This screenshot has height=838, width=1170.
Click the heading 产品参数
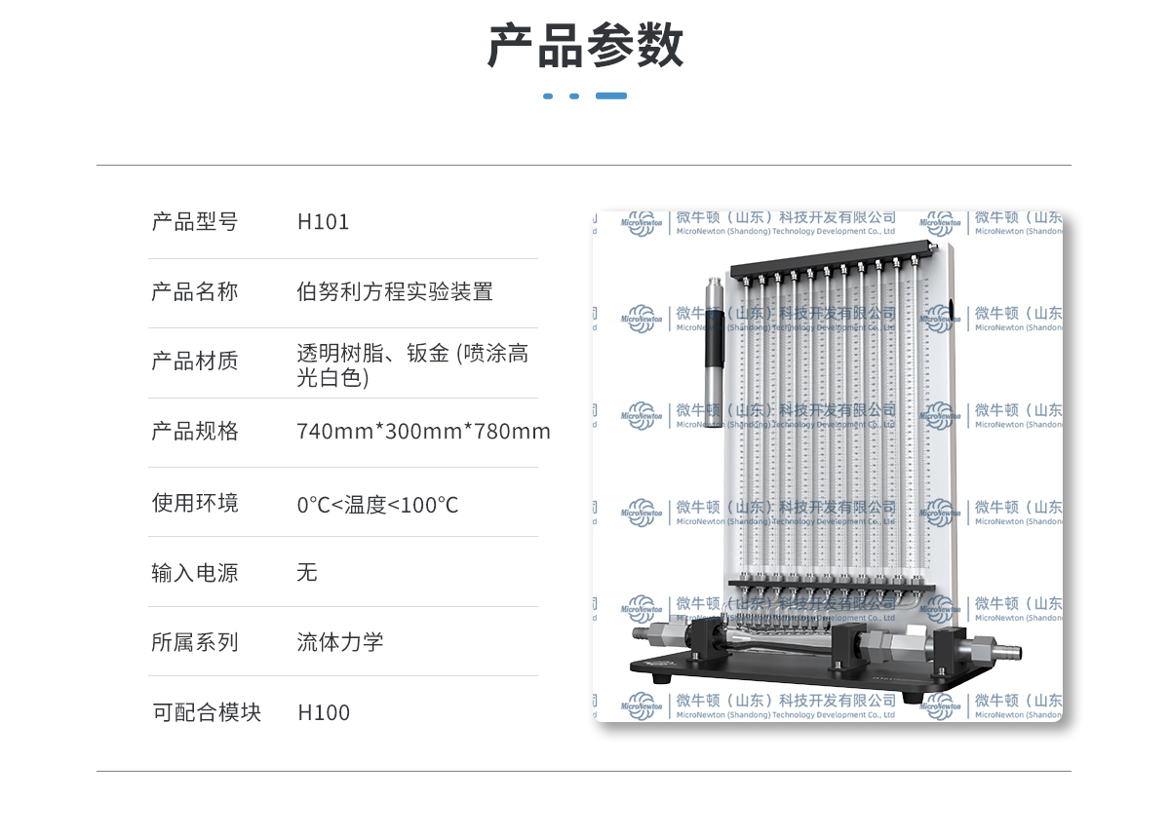pyautogui.click(x=585, y=45)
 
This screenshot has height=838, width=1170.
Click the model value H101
pyautogui.click(x=323, y=222)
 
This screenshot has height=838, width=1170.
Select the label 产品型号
pyautogui.click(x=194, y=222)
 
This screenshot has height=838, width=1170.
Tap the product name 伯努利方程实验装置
pyautogui.click(x=395, y=291)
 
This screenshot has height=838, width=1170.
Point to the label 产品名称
pyautogui.click(x=194, y=291)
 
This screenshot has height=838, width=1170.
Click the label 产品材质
pyautogui.click(x=194, y=362)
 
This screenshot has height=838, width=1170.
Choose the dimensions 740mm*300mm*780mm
pyautogui.click(x=423, y=431)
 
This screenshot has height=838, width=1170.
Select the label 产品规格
pyautogui.click(x=194, y=431)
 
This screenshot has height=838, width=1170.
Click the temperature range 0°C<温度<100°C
pyautogui.click(x=377, y=505)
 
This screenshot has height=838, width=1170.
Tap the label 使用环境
pyautogui.click(x=194, y=503)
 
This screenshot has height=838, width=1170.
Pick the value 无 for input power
pyautogui.click(x=307, y=572)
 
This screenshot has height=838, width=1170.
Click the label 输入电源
pyautogui.click(x=194, y=572)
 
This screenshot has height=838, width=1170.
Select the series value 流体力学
pyautogui.click(x=339, y=642)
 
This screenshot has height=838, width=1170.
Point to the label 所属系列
pyautogui.click(x=194, y=642)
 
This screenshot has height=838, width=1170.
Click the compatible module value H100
pyautogui.click(x=324, y=712)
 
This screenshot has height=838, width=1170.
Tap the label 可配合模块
pyautogui.click(x=207, y=712)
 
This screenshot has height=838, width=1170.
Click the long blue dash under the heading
pyautogui.click(x=611, y=96)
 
